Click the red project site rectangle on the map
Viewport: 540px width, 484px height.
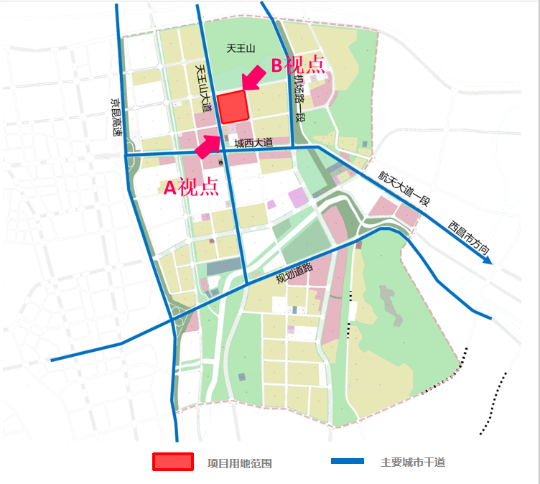click(x=233, y=107)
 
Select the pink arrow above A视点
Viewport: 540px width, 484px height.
click(x=208, y=145)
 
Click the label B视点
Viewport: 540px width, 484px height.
click(x=297, y=65)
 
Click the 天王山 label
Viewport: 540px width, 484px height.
click(x=241, y=49)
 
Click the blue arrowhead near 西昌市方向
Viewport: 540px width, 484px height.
click(x=488, y=260)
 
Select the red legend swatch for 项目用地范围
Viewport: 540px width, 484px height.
click(x=172, y=462)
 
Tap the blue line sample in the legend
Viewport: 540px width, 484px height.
click(x=348, y=461)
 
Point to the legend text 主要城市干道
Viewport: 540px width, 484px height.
click(x=413, y=462)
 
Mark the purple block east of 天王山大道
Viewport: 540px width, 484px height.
click(x=297, y=197)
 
